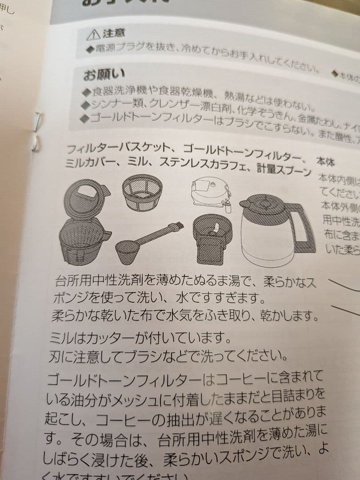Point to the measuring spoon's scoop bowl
point(128,252)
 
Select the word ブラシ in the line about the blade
point(145,356)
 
